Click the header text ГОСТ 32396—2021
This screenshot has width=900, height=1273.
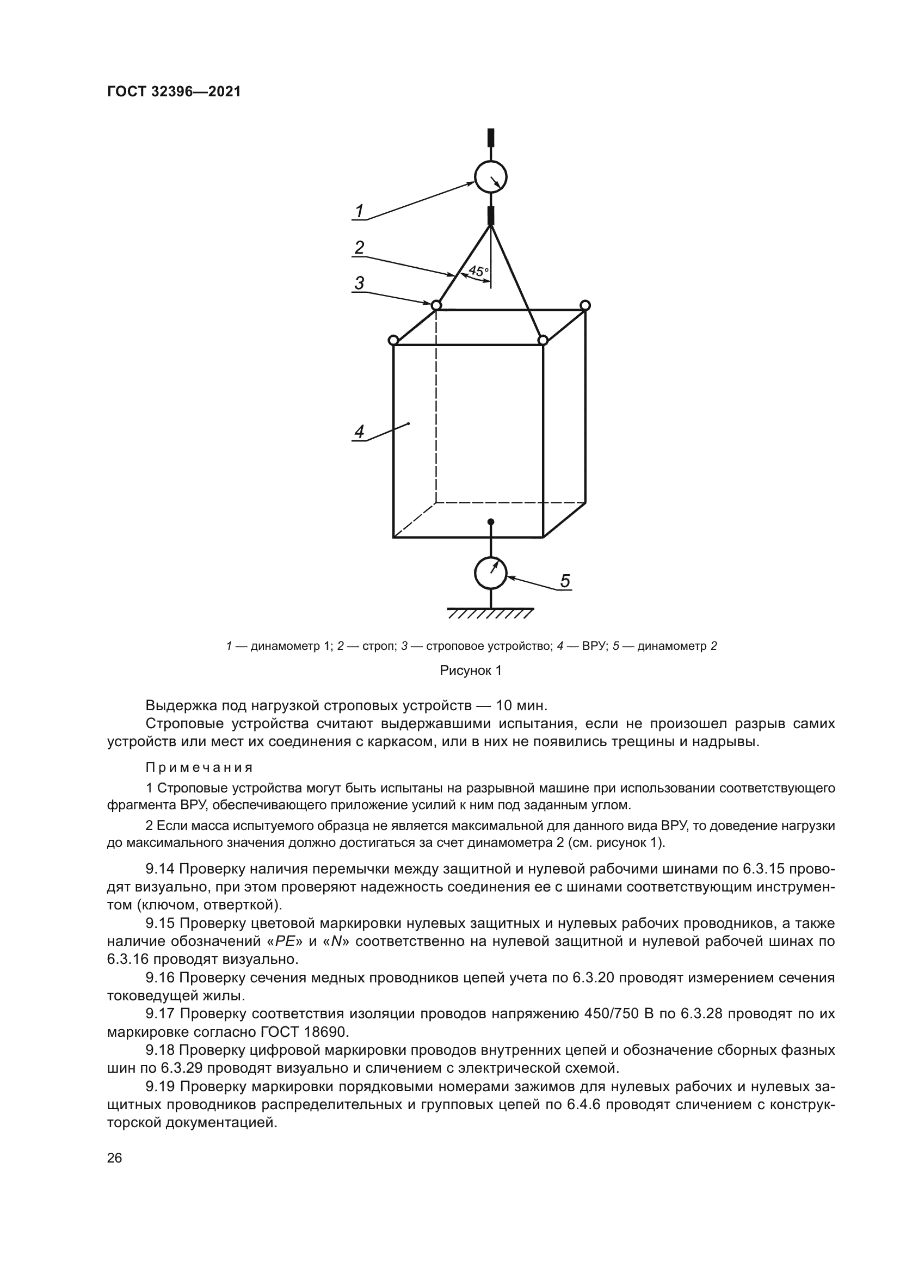[174, 92]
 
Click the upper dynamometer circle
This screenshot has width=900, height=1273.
[490, 177]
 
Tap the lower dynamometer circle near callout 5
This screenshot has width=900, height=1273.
[490, 573]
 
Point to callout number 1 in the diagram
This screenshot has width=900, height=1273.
[359, 211]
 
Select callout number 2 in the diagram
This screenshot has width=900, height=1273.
[359, 247]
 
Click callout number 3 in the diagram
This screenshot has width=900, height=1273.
[359, 284]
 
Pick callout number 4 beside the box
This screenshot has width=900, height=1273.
[359, 432]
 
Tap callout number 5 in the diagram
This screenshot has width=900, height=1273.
[565, 581]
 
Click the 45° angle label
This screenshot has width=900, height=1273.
[478, 271]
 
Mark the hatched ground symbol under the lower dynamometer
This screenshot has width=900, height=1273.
[490, 613]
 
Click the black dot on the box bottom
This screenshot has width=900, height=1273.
[490, 522]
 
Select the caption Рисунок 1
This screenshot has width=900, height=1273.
[471, 671]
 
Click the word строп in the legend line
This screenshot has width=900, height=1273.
[377, 646]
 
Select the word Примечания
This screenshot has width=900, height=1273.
[199, 768]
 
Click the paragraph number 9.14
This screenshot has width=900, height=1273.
[160, 869]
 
